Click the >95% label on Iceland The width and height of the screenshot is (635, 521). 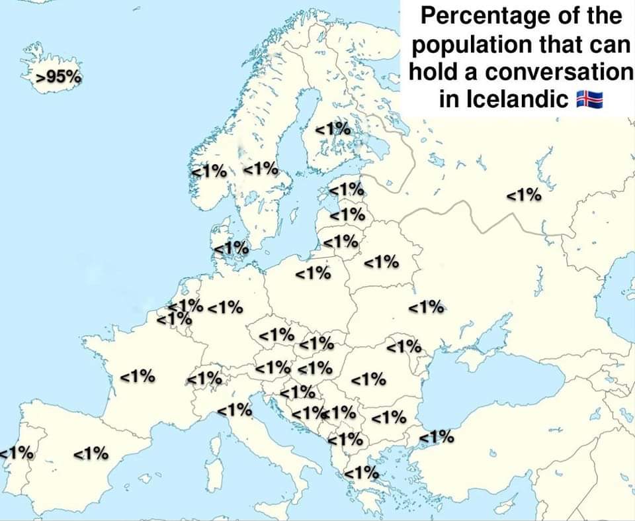click(60, 77)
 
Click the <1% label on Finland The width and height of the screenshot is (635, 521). click(333, 130)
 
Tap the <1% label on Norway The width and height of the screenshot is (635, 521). click(209, 170)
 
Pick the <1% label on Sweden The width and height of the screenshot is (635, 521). click(261, 168)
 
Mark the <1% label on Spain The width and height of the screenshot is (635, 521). click(91, 454)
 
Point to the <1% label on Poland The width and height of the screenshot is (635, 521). click(313, 272)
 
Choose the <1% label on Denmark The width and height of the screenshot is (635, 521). click(232, 248)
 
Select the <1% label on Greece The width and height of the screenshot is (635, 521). click(361, 473)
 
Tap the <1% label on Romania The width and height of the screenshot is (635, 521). click(368, 379)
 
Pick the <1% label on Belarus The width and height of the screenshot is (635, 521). click(382, 261)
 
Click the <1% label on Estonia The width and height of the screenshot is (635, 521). click(347, 189)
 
